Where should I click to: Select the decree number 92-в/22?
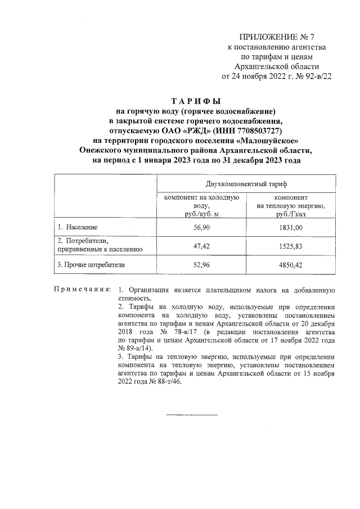pyautogui.click(x=316, y=76)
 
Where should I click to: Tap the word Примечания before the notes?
pyautogui.click(x=81, y=290)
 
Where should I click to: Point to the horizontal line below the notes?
pyautogui.click(x=191, y=415)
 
